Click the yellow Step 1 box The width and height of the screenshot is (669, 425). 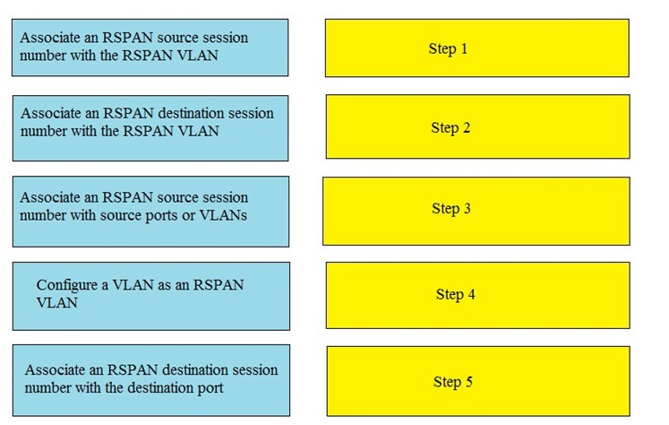(x=477, y=48)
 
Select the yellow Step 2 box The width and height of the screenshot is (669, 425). (x=478, y=126)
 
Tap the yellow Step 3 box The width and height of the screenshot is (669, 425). (x=476, y=211)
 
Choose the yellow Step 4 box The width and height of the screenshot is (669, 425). (x=478, y=295)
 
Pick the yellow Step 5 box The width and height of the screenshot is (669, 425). (x=478, y=381)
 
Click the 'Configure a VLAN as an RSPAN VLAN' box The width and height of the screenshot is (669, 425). (x=151, y=296)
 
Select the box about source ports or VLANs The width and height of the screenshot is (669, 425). (x=150, y=212)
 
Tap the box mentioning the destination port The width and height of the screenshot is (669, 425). (x=151, y=380)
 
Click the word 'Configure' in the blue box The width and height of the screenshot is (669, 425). (x=66, y=285)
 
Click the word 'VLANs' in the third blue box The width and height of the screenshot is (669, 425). (x=223, y=215)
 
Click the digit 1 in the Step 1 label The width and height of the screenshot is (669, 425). (x=464, y=48)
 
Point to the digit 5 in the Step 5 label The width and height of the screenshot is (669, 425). (x=469, y=381)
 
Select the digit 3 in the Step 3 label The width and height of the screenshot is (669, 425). (x=467, y=208)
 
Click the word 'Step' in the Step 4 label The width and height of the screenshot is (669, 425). (x=450, y=295)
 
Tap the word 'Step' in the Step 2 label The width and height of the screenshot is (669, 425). (x=445, y=127)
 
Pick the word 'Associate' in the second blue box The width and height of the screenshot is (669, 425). (x=51, y=113)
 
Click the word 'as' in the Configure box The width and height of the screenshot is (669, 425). (x=164, y=285)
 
